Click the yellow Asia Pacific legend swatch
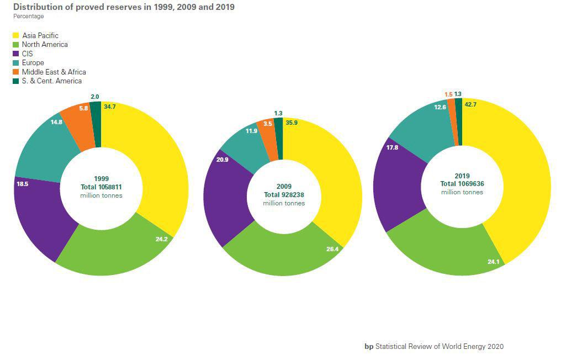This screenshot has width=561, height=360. (16, 36)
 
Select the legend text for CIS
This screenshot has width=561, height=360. (28, 54)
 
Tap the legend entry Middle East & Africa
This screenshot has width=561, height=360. (54, 72)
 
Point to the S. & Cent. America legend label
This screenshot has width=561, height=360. (52, 81)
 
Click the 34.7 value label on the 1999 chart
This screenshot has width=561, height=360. (109, 106)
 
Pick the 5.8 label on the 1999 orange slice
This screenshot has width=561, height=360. (83, 109)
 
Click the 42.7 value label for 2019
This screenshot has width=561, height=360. (470, 104)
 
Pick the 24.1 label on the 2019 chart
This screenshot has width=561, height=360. (493, 262)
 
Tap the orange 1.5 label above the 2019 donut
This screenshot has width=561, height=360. (448, 94)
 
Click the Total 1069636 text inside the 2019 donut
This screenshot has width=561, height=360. (462, 184)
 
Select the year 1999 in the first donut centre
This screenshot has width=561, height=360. (101, 179)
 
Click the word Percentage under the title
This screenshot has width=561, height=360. (29, 17)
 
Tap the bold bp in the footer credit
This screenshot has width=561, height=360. (369, 347)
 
